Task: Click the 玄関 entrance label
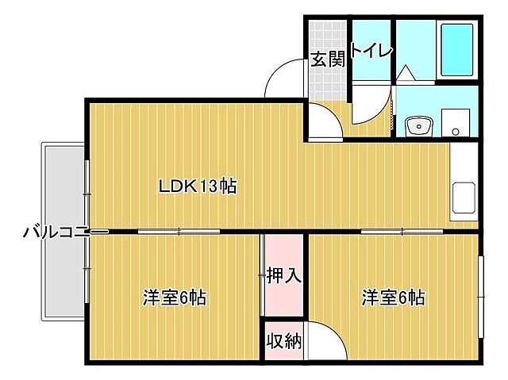[328, 59]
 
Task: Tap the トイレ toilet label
[371, 52]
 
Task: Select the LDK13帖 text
[197, 187]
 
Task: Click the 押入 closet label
[283, 276]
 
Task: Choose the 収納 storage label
[283, 342]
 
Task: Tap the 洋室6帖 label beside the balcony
[175, 298]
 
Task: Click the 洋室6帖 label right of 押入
[394, 298]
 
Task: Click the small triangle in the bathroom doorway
[405, 73]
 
